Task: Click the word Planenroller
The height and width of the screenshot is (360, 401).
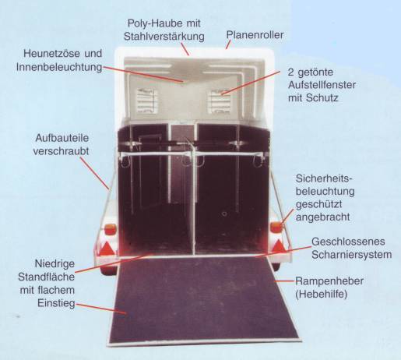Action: (x=255, y=35)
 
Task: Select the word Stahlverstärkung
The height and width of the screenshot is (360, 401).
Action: (x=164, y=37)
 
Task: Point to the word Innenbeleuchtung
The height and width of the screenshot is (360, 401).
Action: (x=59, y=67)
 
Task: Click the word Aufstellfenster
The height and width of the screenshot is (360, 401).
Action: (x=322, y=85)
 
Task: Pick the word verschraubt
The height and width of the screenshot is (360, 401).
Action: (x=61, y=151)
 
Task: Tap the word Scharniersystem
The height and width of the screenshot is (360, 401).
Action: (x=352, y=255)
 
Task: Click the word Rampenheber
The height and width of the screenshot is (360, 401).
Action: (x=329, y=281)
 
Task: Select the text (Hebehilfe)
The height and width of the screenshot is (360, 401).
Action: (x=321, y=295)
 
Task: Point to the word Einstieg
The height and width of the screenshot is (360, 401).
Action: (x=56, y=303)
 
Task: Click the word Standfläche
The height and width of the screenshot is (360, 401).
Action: (x=46, y=277)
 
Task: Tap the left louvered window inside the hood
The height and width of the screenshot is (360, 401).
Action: (x=147, y=101)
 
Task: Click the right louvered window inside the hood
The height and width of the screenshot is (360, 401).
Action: (x=220, y=101)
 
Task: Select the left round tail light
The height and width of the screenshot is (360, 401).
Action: (x=111, y=230)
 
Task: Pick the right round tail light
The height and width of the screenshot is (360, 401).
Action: (x=276, y=228)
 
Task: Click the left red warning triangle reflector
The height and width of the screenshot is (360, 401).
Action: (x=107, y=249)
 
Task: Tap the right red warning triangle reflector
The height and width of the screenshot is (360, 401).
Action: (x=279, y=246)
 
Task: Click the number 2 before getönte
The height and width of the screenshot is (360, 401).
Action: (x=290, y=72)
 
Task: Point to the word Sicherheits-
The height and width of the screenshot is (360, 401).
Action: (x=324, y=178)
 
